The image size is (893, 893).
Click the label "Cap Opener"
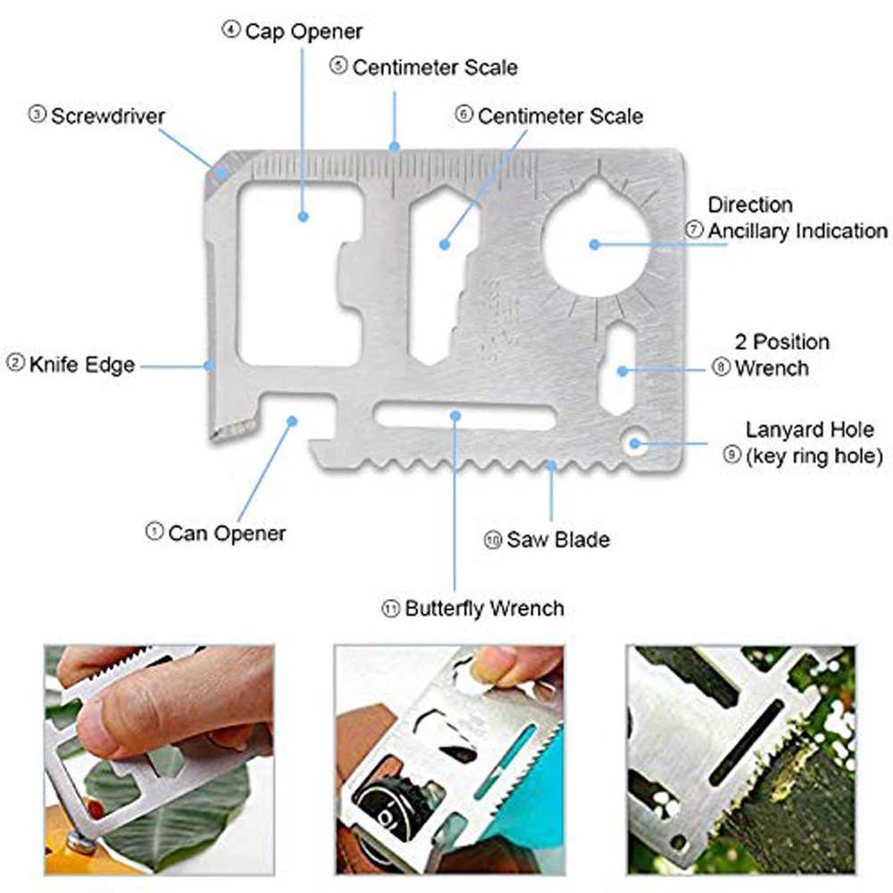304,31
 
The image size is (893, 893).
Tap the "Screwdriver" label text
107,115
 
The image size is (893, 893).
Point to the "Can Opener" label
227,533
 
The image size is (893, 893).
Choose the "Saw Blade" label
558,539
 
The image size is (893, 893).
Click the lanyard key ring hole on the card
635,439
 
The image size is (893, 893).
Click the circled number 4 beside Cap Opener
231,31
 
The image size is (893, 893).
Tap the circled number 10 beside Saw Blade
494,539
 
